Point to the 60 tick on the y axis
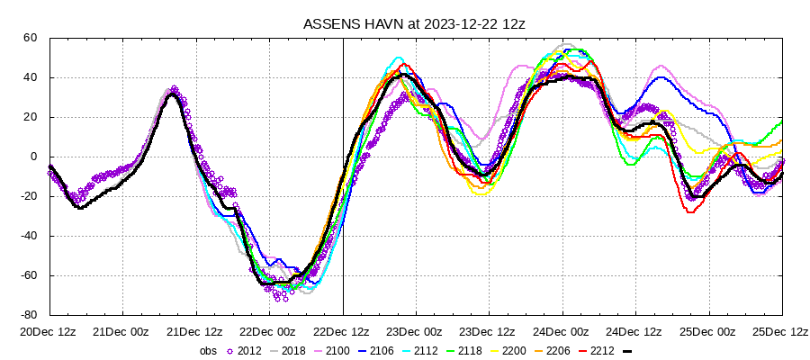pyautogui.click(x=30, y=38)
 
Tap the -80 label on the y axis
pyautogui.click(x=28, y=315)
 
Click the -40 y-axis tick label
pyautogui.click(x=28, y=236)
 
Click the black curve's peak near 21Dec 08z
pyautogui.click(x=174, y=94)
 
